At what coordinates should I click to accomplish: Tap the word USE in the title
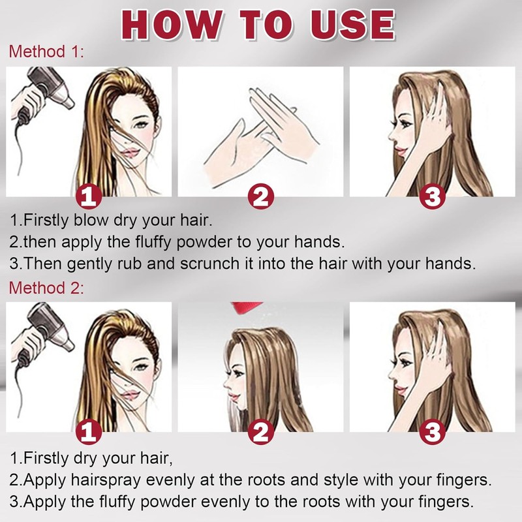click(x=353, y=25)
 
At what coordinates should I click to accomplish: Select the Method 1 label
click(x=46, y=52)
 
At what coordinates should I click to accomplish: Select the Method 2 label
click(x=46, y=288)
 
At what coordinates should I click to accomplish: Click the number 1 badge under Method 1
click(x=89, y=196)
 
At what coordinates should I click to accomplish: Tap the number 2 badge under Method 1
click(x=260, y=196)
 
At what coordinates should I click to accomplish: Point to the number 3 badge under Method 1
click(x=433, y=196)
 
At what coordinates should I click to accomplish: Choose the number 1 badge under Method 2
click(x=89, y=432)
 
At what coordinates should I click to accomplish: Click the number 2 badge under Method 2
click(x=260, y=432)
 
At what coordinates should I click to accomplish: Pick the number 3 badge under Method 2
click(x=433, y=432)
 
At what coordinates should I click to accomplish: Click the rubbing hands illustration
click(x=262, y=136)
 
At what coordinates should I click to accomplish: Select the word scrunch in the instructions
click(x=209, y=264)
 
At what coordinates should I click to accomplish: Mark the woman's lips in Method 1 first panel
click(x=129, y=153)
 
